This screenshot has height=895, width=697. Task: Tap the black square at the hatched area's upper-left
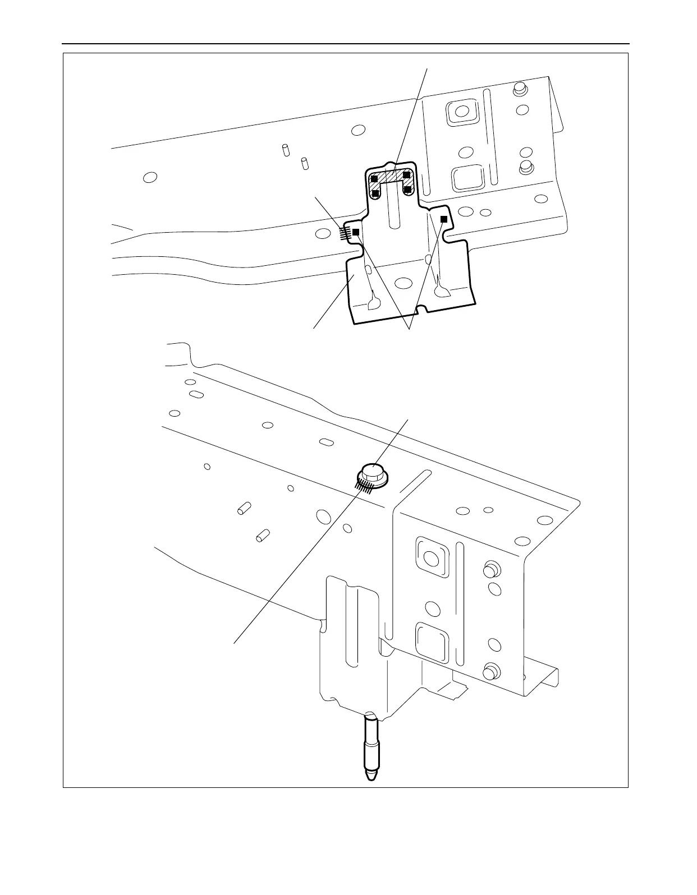point(374,178)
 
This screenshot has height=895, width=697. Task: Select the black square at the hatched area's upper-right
point(407,175)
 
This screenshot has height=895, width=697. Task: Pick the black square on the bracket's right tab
point(443,218)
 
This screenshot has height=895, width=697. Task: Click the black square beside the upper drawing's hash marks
point(355,232)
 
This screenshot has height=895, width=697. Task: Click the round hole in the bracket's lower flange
point(401,284)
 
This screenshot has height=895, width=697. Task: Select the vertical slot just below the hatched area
point(394,210)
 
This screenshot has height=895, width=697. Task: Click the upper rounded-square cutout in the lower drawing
point(431,559)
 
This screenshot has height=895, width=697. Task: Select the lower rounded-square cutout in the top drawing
point(467,178)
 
